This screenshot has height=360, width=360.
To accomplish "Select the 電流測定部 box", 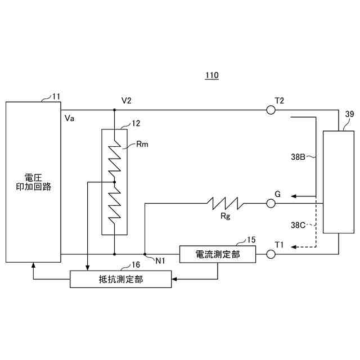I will coord(217,254).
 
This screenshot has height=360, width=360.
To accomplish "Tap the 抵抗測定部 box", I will coord(120,279).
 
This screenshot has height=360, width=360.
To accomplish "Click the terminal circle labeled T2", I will coord(271,110).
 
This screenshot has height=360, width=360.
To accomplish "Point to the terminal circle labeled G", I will coord(271,204).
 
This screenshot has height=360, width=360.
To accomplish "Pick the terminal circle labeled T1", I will coord(271,254).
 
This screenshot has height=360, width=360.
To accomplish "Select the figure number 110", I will coord(211,75).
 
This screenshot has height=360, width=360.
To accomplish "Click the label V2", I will coord(127,100).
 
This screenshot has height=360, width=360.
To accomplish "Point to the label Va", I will coord(70,119).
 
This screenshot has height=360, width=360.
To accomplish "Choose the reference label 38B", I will coord(298,157).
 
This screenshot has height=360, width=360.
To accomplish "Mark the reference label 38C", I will coord(298,225).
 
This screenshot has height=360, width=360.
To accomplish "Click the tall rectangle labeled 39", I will coord(339,182).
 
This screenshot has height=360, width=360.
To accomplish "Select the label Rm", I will coord(142,144).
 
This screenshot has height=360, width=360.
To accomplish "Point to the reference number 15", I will coord(251,239).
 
